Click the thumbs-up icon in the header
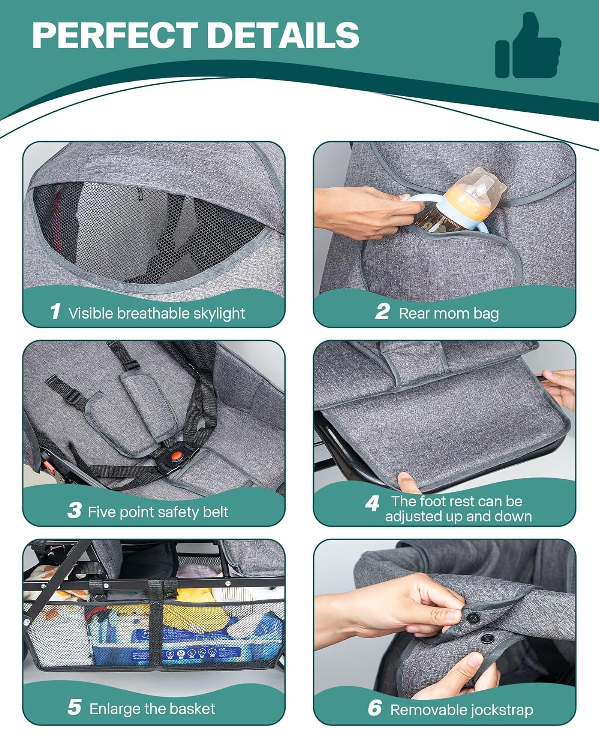tap(528, 46)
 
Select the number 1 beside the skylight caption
tap(55, 311)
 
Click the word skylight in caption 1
tap(219, 314)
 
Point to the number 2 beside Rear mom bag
tap(382, 311)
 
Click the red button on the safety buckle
tap(177, 455)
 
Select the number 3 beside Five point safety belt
tap(74, 510)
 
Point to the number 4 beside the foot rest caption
tap(372, 503)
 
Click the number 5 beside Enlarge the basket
tap(74, 707)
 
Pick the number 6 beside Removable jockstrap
tap(375, 708)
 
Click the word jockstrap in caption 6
tap(502, 711)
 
